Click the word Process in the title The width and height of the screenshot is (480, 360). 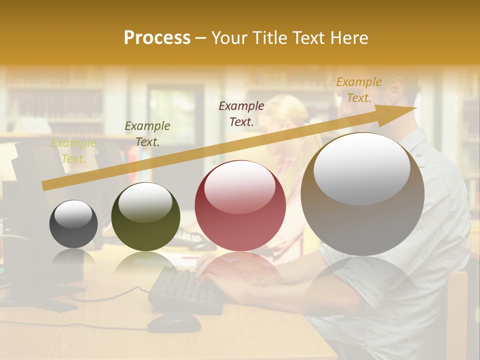pyautogui.click(x=157, y=38)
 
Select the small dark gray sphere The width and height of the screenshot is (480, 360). pyautogui.click(x=74, y=224)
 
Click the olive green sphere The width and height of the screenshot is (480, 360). pyautogui.click(x=145, y=217)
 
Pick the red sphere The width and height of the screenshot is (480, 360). pyautogui.click(x=240, y=206)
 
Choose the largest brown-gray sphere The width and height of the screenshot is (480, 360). pyautogui.click(x=362, y=195)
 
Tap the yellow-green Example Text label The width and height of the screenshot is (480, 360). pyautogui.click(x=73, y=151)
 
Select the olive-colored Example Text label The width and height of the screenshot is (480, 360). pyautogui.click(x=147, y=134)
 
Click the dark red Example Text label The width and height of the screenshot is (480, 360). pyautogui.click(x=241, y=113)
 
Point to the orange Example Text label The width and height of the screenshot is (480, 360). pyautogui.click(x=358, y=90)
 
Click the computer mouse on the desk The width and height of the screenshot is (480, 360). pyautogui.click(x=173, y=322)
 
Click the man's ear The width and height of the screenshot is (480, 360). pyautogui.click(x=394, y=89)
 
